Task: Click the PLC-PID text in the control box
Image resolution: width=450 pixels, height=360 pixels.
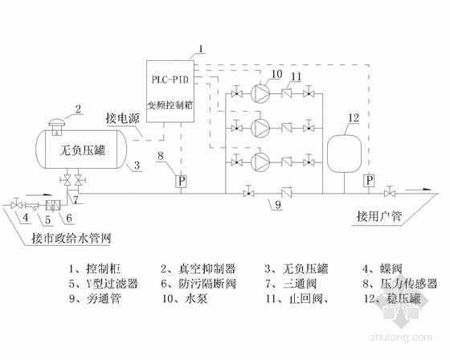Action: tap(170, 80)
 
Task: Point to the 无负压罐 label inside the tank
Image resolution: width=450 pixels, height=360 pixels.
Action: tap(83, 150)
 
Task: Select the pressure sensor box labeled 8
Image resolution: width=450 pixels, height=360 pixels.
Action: tap(181, 182)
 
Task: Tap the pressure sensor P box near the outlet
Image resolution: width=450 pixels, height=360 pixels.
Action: tap(370, 181)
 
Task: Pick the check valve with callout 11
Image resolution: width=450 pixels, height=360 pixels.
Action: tap(286, 93)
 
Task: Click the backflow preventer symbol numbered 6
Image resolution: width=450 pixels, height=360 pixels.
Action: tap(53, 205)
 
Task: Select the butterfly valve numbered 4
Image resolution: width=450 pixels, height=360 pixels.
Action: tap(16, 205)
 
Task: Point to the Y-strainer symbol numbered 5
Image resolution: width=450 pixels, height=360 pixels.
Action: tap(32, 206)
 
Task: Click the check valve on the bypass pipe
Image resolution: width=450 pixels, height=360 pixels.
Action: tap(286, 193)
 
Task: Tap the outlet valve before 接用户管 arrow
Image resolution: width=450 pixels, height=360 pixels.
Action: tap(390, 193)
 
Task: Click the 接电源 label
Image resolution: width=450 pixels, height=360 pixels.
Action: tap(122, 118)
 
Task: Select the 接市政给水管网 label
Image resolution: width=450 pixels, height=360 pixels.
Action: tap(72, 239)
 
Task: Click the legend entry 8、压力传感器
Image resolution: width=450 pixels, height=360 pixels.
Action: tap(400, 284)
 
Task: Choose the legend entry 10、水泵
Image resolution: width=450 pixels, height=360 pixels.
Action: tap(185, 299)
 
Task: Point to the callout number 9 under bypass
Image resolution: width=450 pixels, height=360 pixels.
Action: tap(277, 205)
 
